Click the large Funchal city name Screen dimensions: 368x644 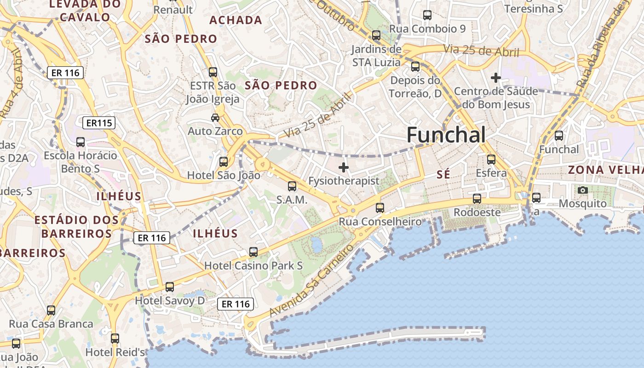pos(446,135)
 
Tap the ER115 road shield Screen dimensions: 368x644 pos(99,123)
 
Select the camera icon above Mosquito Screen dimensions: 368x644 pos(582,190)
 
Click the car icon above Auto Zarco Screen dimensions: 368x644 pos(215,118)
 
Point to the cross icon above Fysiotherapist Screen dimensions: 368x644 pos(343,167)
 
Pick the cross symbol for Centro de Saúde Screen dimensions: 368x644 pos(495,78)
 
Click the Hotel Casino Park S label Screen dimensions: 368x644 pos(253,265)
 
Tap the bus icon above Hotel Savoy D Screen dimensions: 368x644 pos(170,287)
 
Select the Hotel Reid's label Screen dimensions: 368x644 pos(115,352)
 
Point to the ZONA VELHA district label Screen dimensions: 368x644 pos(605,170)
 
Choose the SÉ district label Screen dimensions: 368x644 pos(443,174)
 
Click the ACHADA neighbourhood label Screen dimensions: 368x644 pos(236,20)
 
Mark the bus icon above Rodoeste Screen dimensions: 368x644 pos(477,199)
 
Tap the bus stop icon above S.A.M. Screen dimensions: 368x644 pos(292,186)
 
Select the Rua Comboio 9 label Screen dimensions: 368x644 pos(427,29)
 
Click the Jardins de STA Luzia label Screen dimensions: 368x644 pos(376,55)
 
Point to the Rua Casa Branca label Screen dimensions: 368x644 pos(51,324)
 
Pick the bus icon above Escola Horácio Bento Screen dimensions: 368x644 pos(80,142)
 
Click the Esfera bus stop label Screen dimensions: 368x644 pos(491,173)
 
